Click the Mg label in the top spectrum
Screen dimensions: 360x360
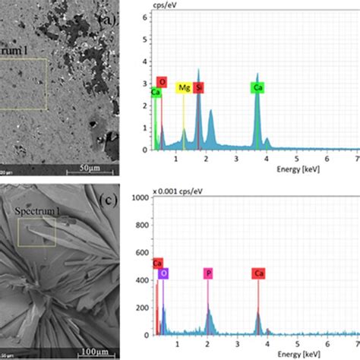[x=183, y=88]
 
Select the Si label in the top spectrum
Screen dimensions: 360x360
[x=199, y=88]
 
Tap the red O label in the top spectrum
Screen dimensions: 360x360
[x=161, y=82]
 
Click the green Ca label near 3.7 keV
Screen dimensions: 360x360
[x=257, y=88]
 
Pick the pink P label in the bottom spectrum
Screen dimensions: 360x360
[x=207, y=271]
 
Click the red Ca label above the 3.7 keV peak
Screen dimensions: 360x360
[x=257, y=271]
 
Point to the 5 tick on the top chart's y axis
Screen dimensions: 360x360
[x=147, y=34]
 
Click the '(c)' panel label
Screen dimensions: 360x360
[x=109, y=200]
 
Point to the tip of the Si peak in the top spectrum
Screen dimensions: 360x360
[x=199, y=70]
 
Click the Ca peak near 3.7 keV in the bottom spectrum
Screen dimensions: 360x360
[x=257, y=312]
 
